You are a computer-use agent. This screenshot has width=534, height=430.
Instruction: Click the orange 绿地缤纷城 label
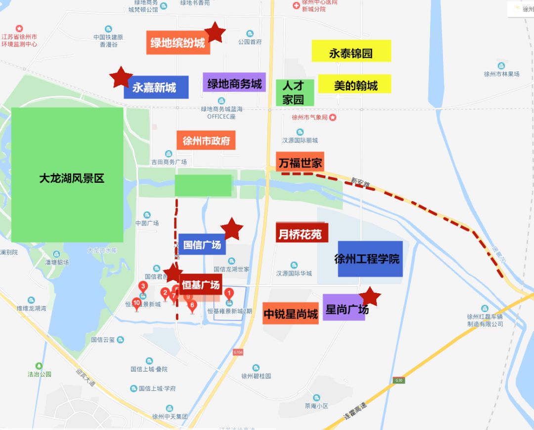click(178, 43)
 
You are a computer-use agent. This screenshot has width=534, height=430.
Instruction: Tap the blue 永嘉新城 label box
click(156, 88)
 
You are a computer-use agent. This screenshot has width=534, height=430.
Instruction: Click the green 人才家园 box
click(295, 93)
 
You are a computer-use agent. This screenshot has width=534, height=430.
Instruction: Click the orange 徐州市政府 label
click(206, 140)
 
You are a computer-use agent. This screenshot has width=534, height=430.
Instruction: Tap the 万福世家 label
click(300, 162)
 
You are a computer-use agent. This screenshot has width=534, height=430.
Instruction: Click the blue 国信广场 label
click(202, 244)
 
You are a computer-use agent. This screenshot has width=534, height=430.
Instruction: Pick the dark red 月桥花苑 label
click(302, 233)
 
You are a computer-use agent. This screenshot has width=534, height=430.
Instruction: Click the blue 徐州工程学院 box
click(370, 259)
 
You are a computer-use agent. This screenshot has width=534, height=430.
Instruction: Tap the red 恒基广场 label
click(200, 284)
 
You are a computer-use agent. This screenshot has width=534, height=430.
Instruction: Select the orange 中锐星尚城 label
click(290, 314)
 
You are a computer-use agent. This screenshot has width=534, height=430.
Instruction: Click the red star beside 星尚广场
click(370, 296)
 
